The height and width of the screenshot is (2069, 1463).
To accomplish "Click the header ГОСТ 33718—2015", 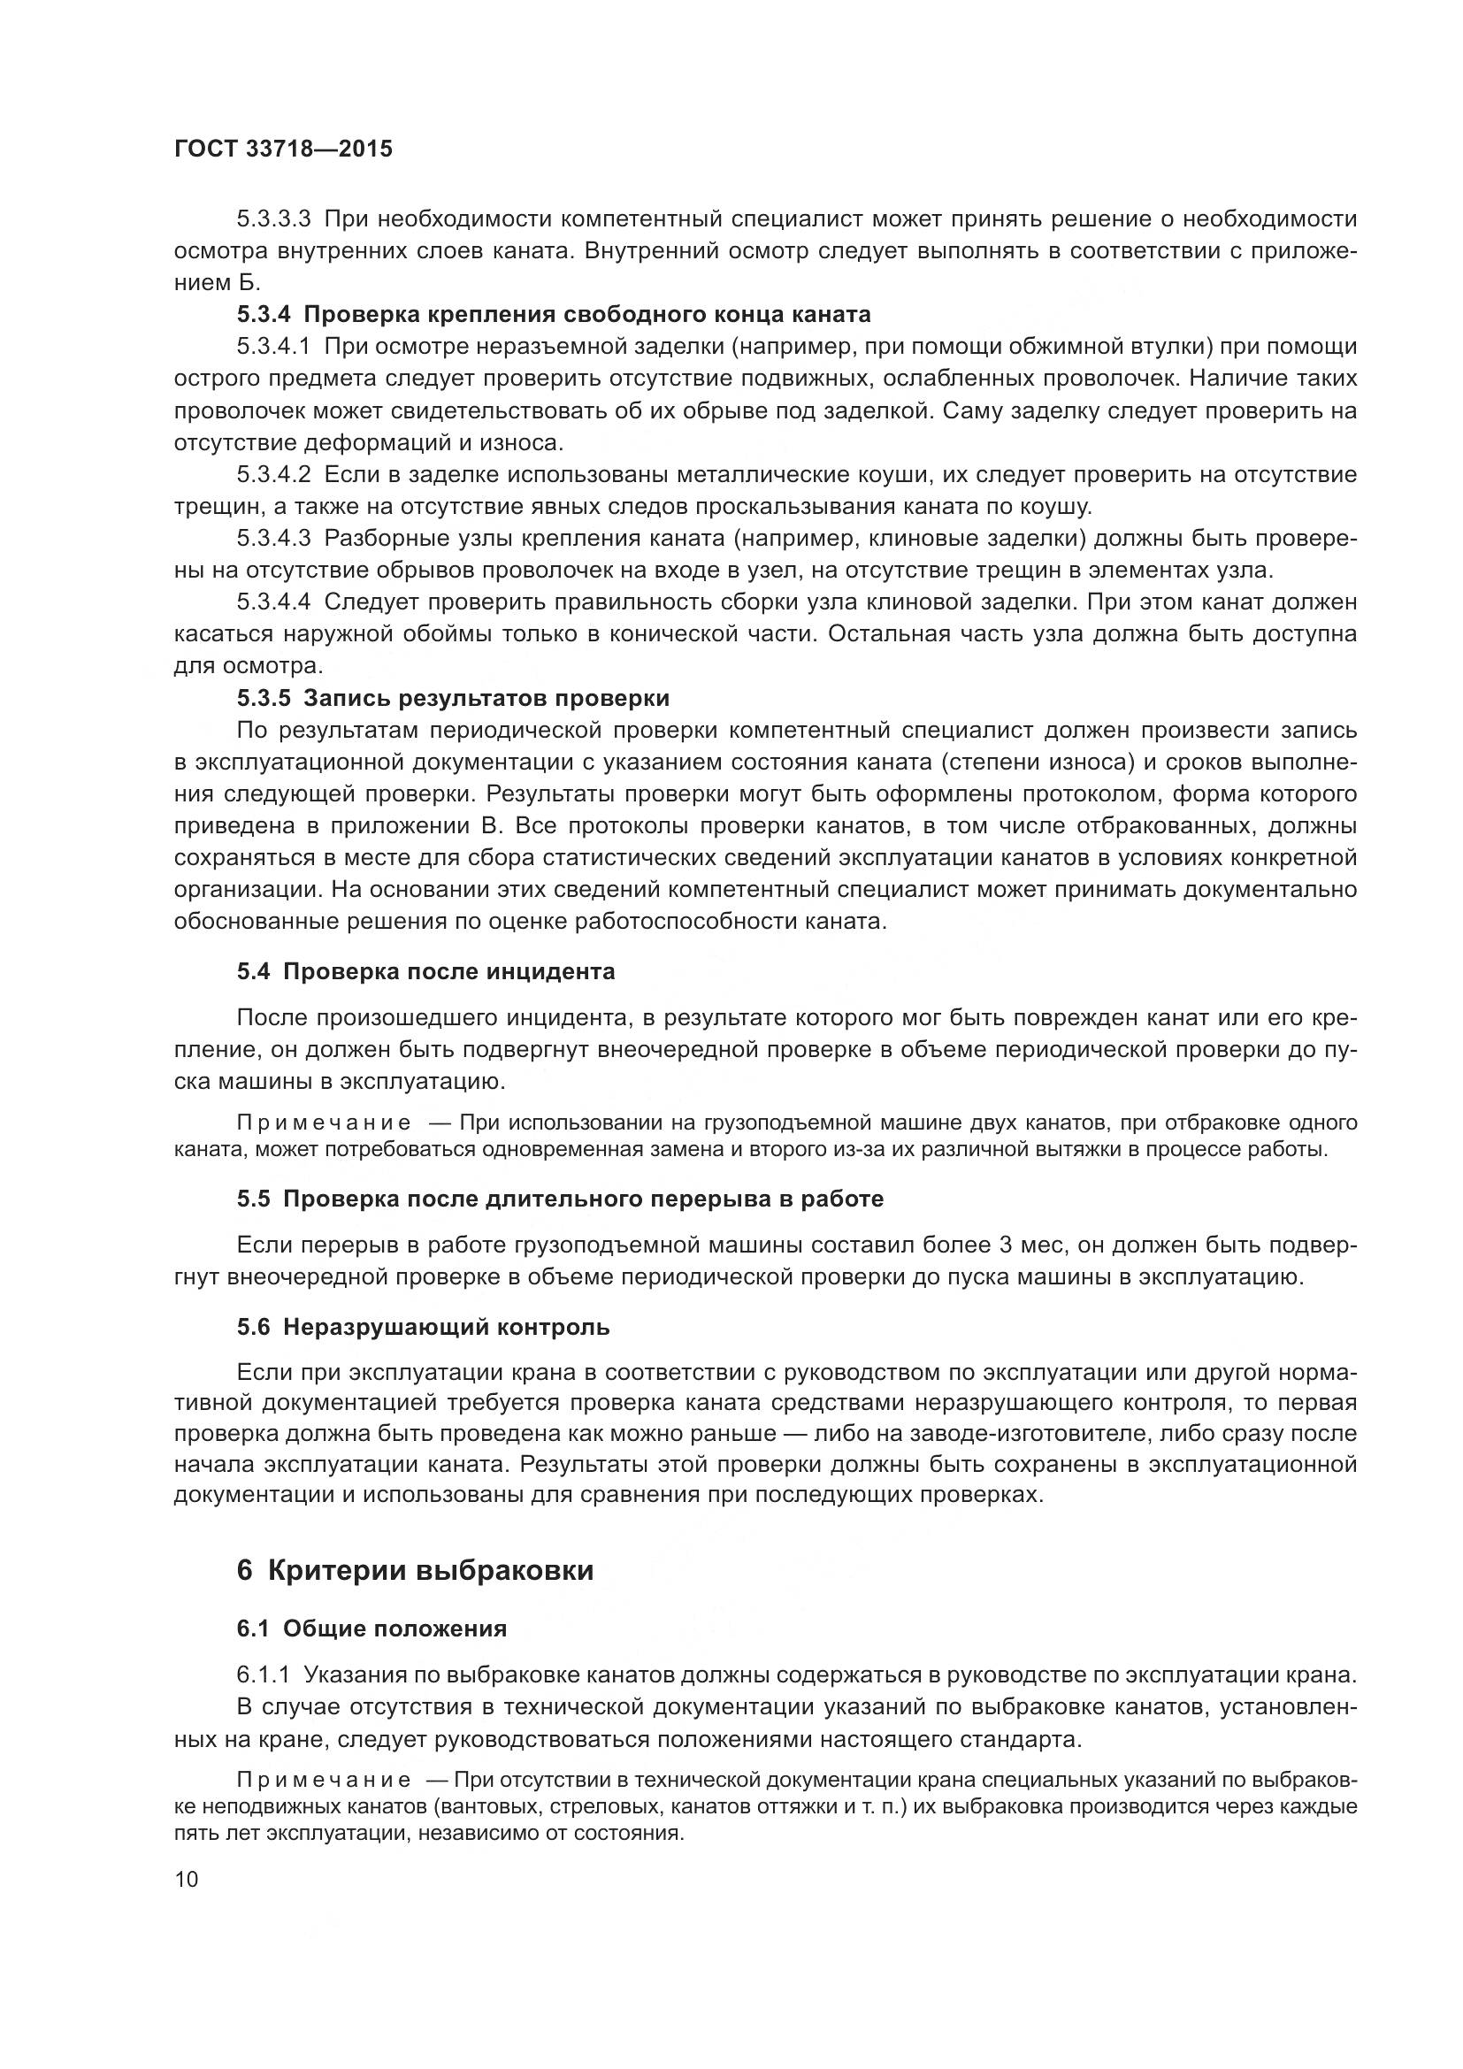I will click(x=283, y=149).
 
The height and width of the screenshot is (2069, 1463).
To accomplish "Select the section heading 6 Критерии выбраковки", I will click(x=416, y=1571).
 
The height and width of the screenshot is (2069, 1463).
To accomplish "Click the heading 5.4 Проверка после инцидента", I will click(x=426, y=971).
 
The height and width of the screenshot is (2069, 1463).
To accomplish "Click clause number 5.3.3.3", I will click(x=274, y=219).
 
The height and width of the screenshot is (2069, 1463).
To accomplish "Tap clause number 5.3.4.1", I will click(x=274, y=346).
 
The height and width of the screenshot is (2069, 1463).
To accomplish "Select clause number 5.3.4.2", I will click(x=274, y=474).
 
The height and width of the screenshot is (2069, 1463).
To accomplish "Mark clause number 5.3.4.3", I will click(x=274, y=538).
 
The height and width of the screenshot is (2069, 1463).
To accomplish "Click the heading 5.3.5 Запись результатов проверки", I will click(x=453, y=699).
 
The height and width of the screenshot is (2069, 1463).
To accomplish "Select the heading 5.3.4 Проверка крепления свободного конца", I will click(x=554, y=315).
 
